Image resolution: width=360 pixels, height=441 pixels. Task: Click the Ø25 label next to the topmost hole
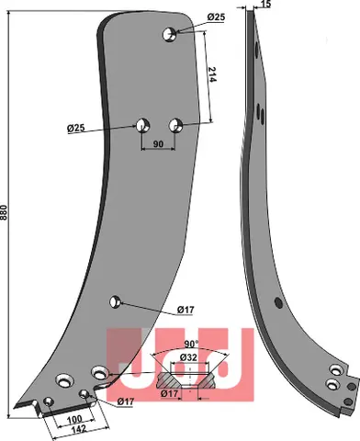click(217, 18)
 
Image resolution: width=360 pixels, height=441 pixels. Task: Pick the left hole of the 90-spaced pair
click(142, 124)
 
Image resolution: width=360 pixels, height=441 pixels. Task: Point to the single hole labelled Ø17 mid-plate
click(115, 300)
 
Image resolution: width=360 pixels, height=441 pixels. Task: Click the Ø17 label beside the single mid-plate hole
click(186, 309)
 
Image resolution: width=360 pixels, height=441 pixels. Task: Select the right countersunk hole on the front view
click(97, 372)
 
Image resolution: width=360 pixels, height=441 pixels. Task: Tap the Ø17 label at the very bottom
click(127, 401)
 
